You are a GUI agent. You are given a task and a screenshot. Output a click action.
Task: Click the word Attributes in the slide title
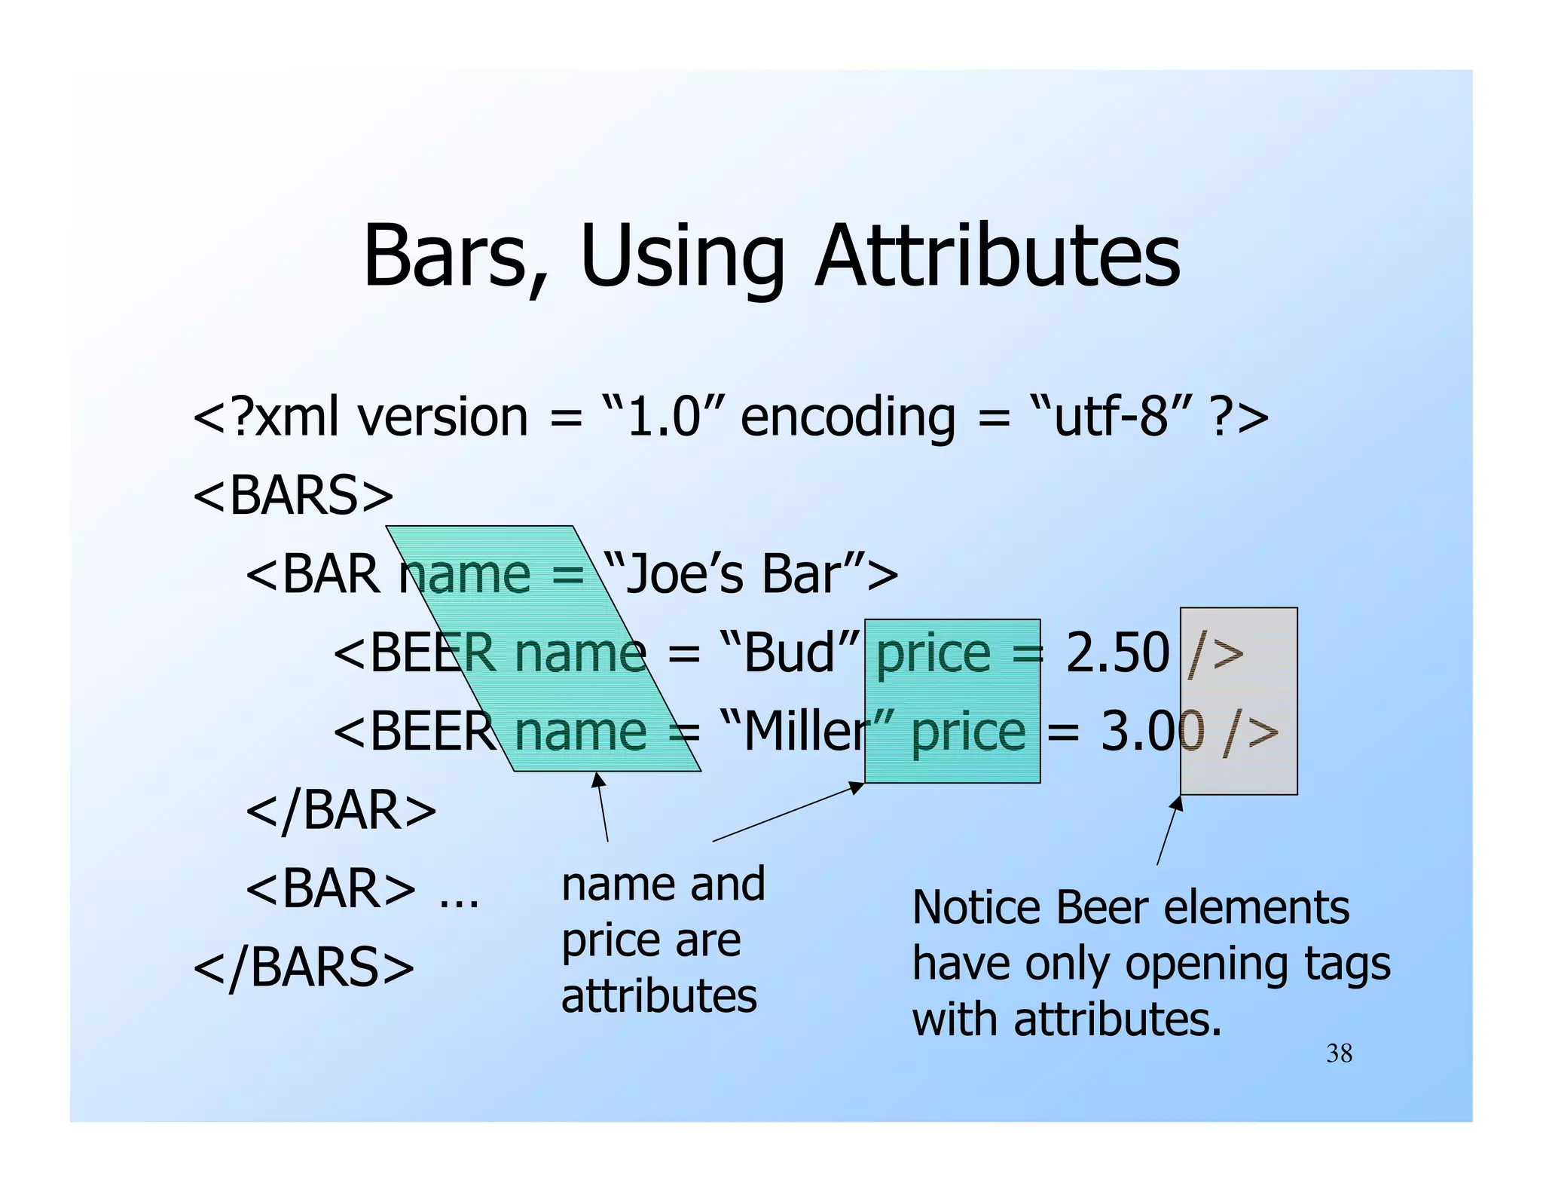998,256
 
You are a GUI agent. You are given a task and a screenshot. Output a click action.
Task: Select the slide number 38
1339,1053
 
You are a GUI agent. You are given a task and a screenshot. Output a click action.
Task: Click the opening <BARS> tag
294,496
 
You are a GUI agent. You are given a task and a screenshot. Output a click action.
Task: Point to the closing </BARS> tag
304,967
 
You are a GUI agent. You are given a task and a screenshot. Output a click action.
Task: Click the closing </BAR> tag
341,811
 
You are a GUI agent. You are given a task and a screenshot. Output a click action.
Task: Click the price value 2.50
1117,653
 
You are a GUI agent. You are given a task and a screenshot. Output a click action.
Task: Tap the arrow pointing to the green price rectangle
787,812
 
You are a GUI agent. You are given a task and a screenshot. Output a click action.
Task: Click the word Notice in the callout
977,907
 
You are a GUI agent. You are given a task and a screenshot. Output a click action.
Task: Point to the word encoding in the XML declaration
848,417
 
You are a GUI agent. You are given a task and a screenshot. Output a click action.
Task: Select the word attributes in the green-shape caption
659,996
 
